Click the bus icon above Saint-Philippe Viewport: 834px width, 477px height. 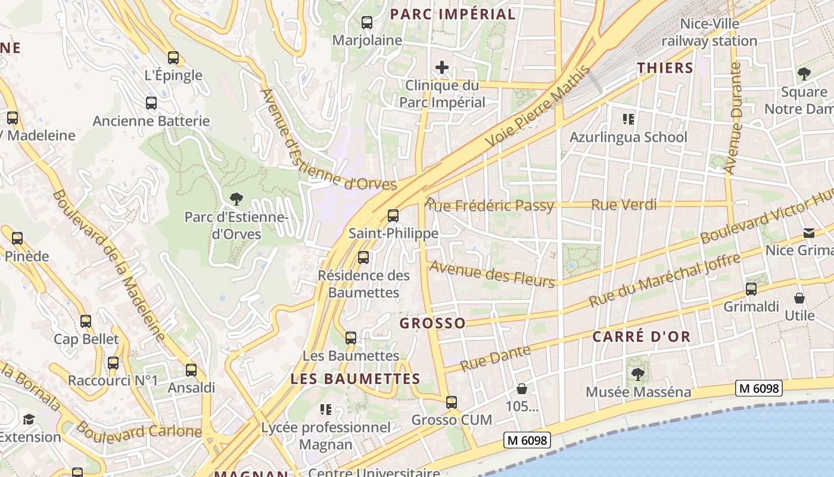point(393,216)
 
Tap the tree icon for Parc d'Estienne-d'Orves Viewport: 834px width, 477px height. point(236,199)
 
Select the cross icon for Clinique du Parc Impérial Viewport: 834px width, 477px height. point(441,67)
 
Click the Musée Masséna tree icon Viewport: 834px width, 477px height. point(638,374)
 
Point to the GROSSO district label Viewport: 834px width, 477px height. point(432,323)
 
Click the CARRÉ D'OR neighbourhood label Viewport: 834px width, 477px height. point(642,336)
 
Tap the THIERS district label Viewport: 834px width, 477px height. point(665,68)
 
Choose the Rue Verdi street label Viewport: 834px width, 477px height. point(624,205)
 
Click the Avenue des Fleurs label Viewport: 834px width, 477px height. point(492,274)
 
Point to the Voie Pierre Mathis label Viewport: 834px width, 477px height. point(537,107)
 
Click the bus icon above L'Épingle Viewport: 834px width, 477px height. point(173,58)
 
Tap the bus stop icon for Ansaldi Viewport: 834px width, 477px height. point(191,370)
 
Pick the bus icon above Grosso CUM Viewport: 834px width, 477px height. point(452,402)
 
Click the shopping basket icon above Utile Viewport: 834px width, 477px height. point(799,298)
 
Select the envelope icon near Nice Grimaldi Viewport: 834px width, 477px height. point(809,233)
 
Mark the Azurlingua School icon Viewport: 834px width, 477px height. point(628,119)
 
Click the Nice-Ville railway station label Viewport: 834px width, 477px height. point(709,32)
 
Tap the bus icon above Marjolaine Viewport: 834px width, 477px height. point(367,23)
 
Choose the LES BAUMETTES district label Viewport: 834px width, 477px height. point(355,379)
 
